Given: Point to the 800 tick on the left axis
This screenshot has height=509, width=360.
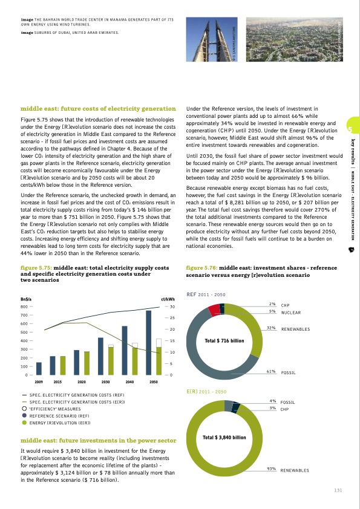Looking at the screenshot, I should tap(25, 307).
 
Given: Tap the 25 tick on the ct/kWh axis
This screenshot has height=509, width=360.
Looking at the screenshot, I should tap(172, 318).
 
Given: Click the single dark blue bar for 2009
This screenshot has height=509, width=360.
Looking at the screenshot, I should tap(39, 369).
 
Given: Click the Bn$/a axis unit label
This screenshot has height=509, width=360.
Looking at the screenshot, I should tap(27, 299).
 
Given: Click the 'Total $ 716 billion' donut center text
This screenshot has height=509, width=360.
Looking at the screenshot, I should tap(224, 340).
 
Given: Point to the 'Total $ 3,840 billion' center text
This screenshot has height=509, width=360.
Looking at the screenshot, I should tap(224, 436).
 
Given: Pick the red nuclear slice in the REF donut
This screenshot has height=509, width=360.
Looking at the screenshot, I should tap(214, 310).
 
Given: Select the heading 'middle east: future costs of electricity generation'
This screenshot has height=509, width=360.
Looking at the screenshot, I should tap(98, 109).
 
